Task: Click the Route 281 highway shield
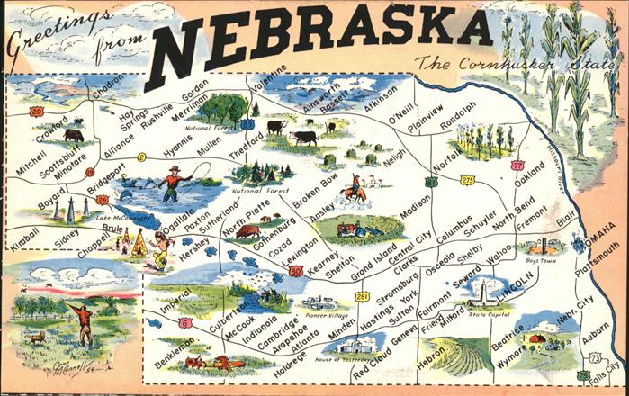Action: click(362, 296)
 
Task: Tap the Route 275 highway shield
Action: click(467, 180)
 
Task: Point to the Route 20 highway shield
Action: click(36, 112)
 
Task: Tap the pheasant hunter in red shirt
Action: click(84, 323)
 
